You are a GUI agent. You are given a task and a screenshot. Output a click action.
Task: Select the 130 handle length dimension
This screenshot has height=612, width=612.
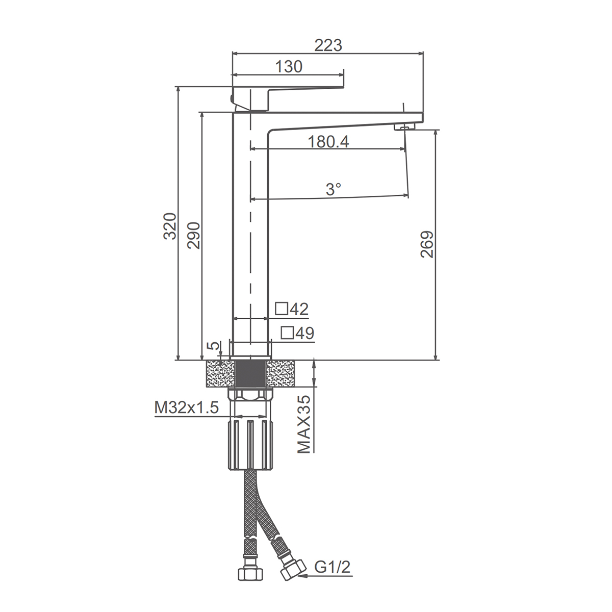click(289, 67)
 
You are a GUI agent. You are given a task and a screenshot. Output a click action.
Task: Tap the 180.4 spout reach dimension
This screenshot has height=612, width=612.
click(328, 142)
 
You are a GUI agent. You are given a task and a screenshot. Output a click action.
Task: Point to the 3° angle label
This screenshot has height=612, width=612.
click(334, 189)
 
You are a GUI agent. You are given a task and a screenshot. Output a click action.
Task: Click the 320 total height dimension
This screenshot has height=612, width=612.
click(170, 226)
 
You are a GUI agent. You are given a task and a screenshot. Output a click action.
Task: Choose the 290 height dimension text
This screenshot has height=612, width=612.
click(194, 235)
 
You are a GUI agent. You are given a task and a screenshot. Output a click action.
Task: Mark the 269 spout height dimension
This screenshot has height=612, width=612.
click(427, 244)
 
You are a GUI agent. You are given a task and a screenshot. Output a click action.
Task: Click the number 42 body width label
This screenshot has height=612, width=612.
click(299, 309)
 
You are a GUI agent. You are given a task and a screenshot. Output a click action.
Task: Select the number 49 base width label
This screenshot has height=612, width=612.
click(305, 333)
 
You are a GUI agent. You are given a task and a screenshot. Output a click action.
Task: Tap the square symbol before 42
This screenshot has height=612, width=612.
click(282, 309)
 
